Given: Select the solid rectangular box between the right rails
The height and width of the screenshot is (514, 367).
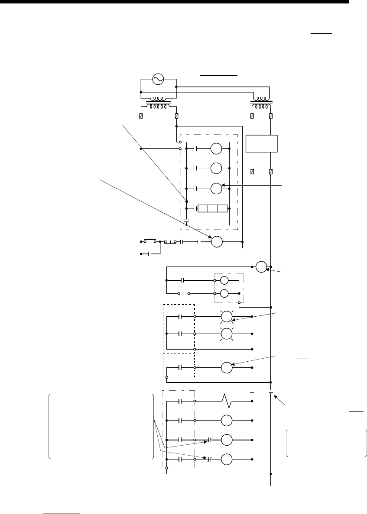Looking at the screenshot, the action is pyautogui.click(x=261, y=143).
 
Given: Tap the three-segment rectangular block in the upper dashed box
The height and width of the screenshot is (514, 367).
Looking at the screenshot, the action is pyautogui.click(x=212, y=209).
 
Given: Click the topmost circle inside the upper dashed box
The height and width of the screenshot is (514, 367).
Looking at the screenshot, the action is pyautogui.click(x=216, y=149).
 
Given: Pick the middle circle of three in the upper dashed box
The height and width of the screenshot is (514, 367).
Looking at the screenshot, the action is pyautogui.click(x=216, y=168).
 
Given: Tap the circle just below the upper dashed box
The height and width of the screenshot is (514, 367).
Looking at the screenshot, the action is pyautogui.click(x=216, y=242).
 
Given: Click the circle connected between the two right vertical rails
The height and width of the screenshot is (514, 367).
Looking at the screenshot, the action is pyautogui.click(x=261, y=267).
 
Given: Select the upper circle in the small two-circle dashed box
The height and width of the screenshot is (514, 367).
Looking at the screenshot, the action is pyautogui.click(x=224, y=280).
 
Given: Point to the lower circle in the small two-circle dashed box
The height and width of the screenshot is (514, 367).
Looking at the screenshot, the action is pyautogui.click(x=224, y=293).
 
